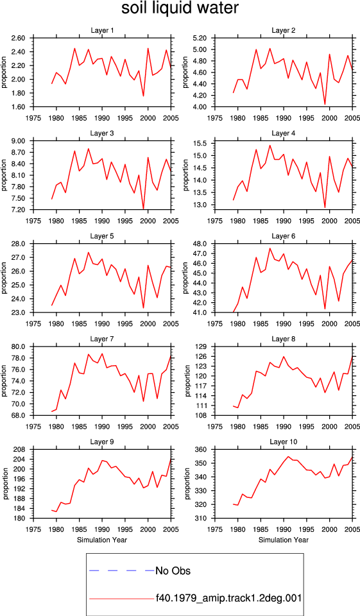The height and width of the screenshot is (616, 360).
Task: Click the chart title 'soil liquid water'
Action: click(180, 8)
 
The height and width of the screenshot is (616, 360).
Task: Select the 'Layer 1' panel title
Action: click(102, 30)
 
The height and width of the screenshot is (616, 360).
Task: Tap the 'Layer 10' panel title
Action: click(284, 442)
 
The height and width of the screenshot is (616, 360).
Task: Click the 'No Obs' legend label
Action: click(173, 570)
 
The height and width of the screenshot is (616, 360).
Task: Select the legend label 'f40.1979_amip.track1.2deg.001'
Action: click(228, 598)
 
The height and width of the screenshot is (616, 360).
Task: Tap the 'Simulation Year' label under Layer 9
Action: click(102, 540)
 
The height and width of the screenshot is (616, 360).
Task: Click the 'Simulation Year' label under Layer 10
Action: click(284, 540)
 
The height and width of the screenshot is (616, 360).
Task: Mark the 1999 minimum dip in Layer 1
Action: click(144, 96)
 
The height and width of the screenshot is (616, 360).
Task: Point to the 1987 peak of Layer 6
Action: click(270, 248)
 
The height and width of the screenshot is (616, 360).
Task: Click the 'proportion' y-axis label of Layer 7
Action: click(4, 381)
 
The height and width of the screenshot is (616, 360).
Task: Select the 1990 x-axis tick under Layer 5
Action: click(102, 323)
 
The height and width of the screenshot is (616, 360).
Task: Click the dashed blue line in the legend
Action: click(122, 570)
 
